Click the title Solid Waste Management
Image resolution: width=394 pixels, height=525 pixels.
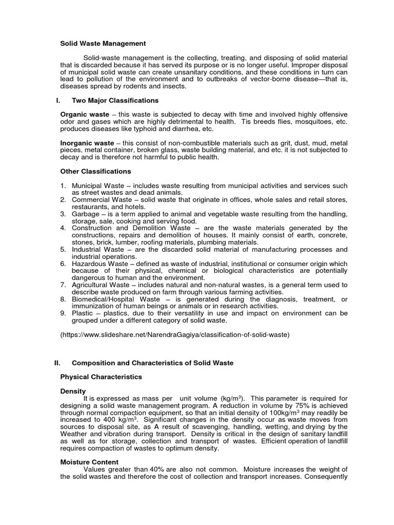[103, 44]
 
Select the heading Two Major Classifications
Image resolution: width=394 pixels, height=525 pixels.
[115, 100]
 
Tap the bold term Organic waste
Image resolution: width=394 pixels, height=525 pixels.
[85, 114]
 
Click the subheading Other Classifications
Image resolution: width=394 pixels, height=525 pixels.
[95, 171]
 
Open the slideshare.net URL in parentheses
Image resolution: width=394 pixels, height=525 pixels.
[175, 334]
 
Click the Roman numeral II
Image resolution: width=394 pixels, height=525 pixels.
[57, 362]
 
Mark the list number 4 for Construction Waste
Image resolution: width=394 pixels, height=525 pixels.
[63, 228]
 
